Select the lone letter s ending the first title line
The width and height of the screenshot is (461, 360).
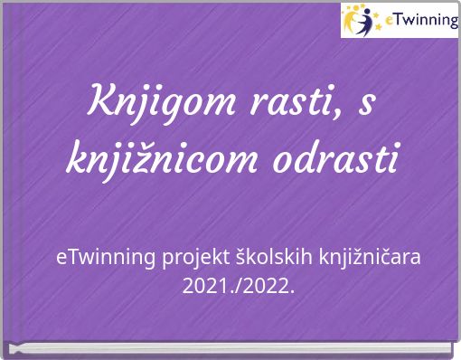pos(366,102)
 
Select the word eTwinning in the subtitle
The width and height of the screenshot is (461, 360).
pos(106,258)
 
